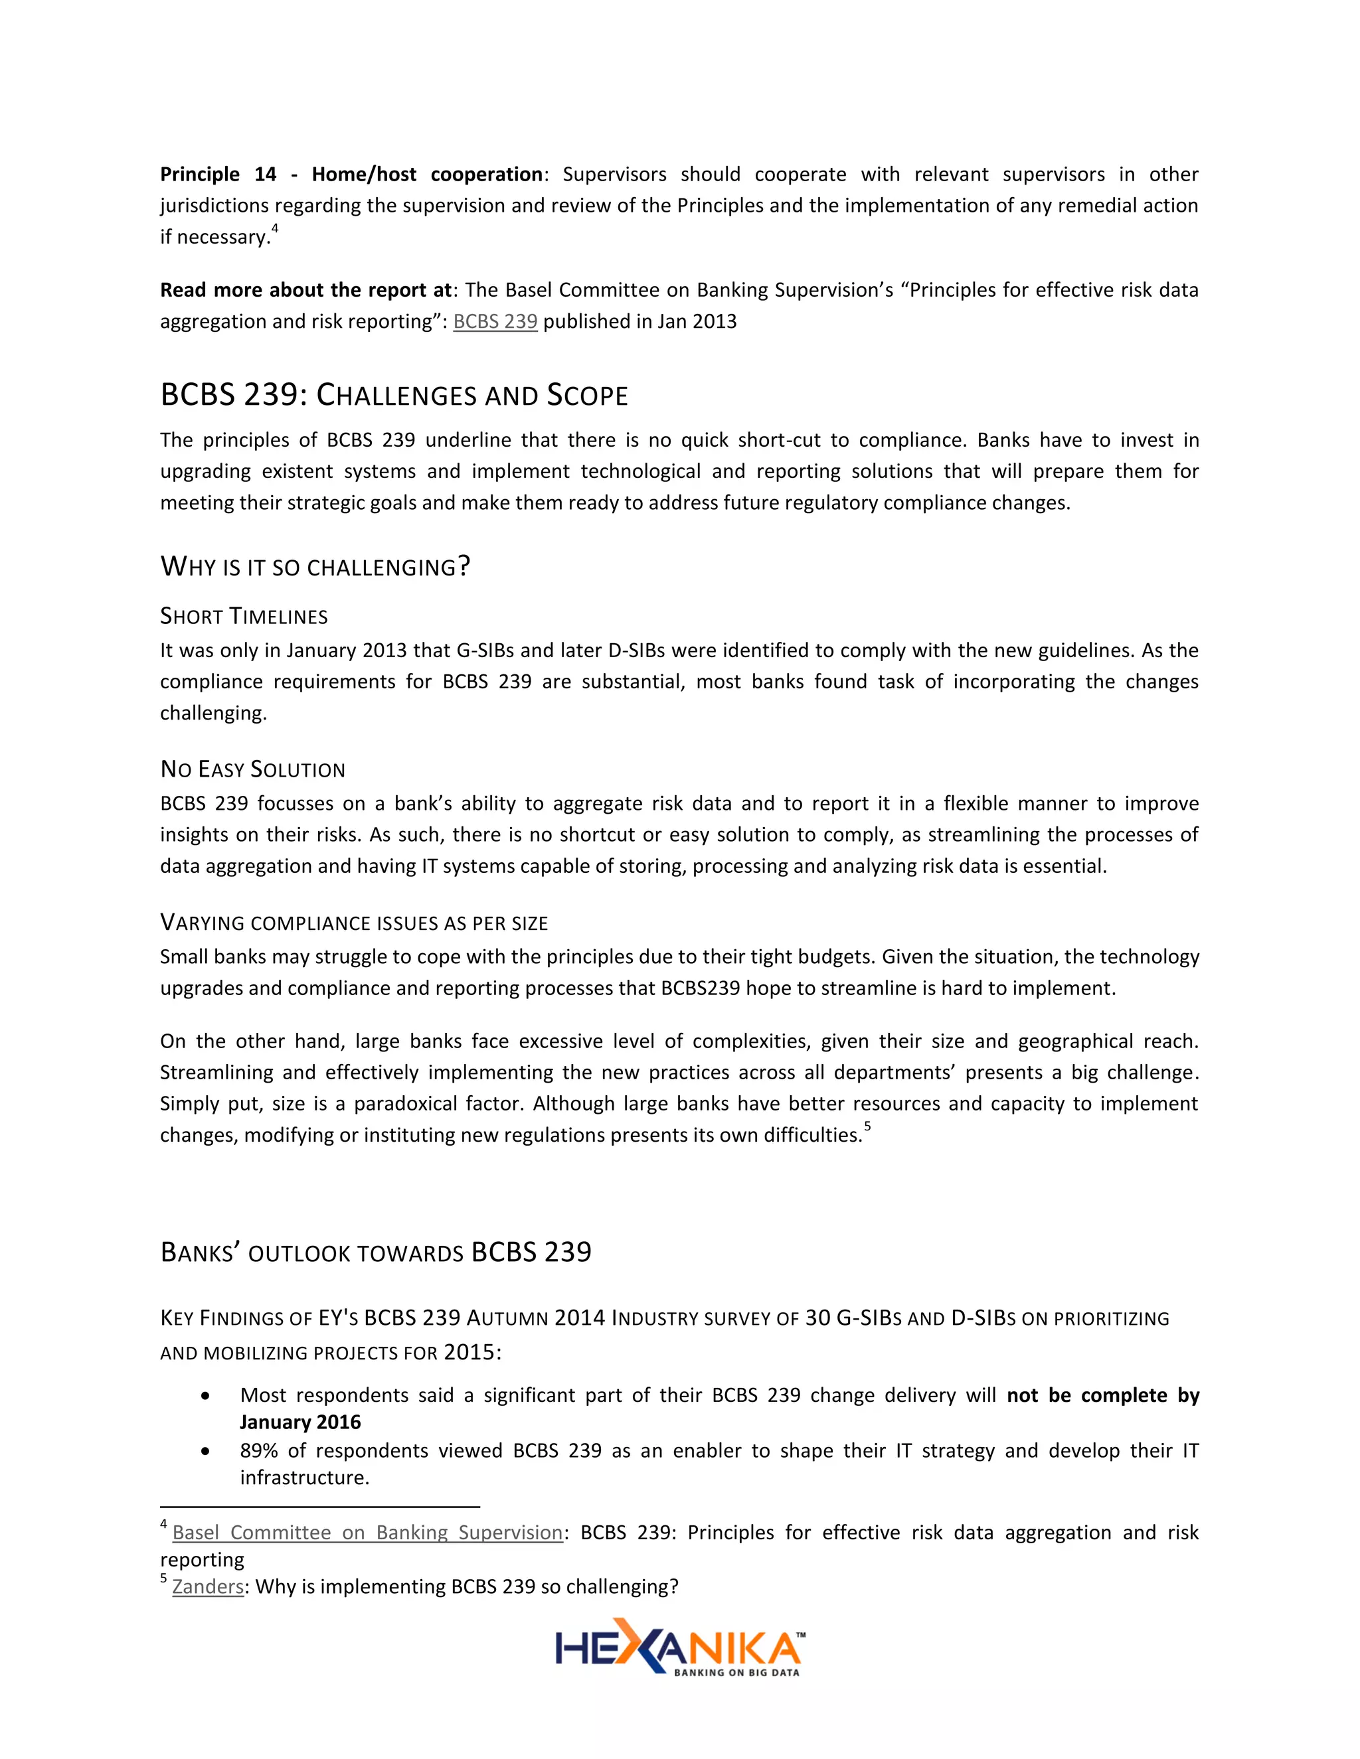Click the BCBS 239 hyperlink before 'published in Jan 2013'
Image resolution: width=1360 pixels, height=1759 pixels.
495,321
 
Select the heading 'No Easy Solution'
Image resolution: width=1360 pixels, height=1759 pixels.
252,770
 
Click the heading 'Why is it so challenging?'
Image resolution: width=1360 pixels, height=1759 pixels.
315,567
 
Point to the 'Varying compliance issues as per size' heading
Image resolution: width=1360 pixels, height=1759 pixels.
354,923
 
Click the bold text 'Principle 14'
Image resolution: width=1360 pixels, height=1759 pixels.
218,175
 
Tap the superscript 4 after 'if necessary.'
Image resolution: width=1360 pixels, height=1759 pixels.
275,229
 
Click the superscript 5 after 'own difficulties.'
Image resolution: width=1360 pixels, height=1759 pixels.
868,1127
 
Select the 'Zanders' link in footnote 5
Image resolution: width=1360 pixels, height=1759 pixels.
208,1586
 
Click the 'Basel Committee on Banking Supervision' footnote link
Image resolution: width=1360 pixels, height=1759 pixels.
367,1533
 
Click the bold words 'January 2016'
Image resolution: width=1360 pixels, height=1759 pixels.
299,1422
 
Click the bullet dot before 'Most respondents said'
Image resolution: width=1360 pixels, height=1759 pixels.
207,1396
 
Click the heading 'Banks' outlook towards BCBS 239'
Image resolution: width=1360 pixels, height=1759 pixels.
375,1253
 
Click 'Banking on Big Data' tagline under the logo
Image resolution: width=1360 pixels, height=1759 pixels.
736,1672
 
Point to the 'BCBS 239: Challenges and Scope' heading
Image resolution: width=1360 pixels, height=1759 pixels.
394,396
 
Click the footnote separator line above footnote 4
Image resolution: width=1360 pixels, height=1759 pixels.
320,1506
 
